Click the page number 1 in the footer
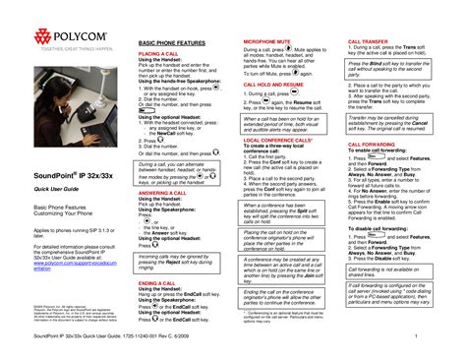pos(445,339)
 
